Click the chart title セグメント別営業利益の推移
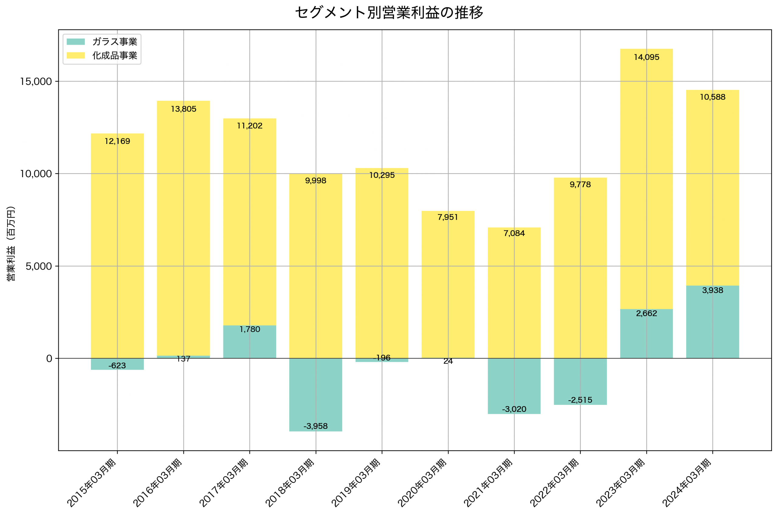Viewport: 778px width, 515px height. [x=389, y=13]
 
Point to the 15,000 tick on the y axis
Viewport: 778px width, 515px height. [x=36, y=81]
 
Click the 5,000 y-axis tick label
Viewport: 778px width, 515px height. [x=39, y=266]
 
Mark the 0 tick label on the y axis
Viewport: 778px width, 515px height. [x=49, y=359]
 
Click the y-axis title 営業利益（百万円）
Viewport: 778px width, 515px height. [x=11, y=243]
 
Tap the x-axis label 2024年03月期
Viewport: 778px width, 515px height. [x=687, y=483]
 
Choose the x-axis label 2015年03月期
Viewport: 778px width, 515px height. [x=91, y=483]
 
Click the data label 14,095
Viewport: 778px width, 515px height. [x=646, y=57]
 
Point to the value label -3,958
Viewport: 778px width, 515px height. [x=316, y=426]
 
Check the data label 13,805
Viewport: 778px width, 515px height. [x=184, y=109]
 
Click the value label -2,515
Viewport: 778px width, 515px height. [x=580, y=400]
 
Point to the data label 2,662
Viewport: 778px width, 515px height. [x=646, y=313]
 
